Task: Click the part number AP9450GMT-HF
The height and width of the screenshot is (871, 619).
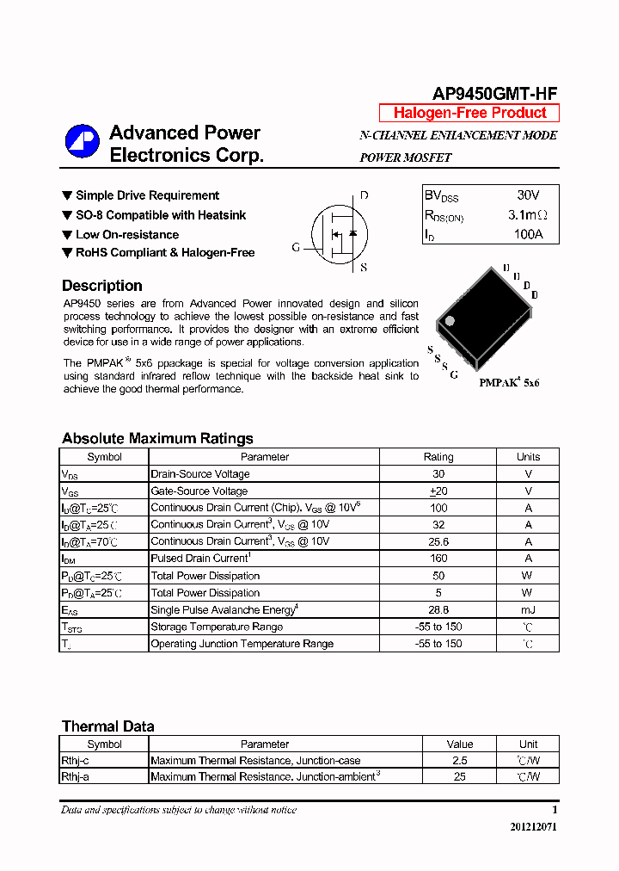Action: (x=493, y=95)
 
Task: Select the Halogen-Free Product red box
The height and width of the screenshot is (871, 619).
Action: (x=469, y=113)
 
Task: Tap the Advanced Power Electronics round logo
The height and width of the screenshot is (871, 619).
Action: (x=83, y=143)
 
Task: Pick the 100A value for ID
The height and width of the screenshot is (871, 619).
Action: (x=528, y=234)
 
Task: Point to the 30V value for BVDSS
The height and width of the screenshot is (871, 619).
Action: (x=528, y=195)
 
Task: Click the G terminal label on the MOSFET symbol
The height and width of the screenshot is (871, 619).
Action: (x=296, y=248)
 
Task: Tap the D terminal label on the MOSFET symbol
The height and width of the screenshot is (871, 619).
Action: (x=364, y=195)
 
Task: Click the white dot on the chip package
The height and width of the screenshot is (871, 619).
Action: (x=449, y=320)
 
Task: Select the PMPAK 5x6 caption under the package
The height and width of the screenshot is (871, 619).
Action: (x=509, y=382)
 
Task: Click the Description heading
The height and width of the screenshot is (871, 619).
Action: (x=102, y=286)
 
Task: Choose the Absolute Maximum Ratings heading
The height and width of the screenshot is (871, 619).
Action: (x=157, y=438)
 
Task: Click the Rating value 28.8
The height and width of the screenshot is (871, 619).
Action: (x=438, y=609)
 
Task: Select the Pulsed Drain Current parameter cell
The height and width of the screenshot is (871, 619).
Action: (x=199, y=559)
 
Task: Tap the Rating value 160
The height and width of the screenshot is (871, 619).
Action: (x=438, y=559)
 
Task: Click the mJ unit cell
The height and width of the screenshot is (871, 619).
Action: (x=528, y=609)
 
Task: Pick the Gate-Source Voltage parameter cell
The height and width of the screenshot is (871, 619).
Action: (x=199, y=491)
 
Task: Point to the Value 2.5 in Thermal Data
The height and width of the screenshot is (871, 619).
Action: (x=459, y=761)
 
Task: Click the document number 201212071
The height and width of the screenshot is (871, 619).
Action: (x=533, y=827)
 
